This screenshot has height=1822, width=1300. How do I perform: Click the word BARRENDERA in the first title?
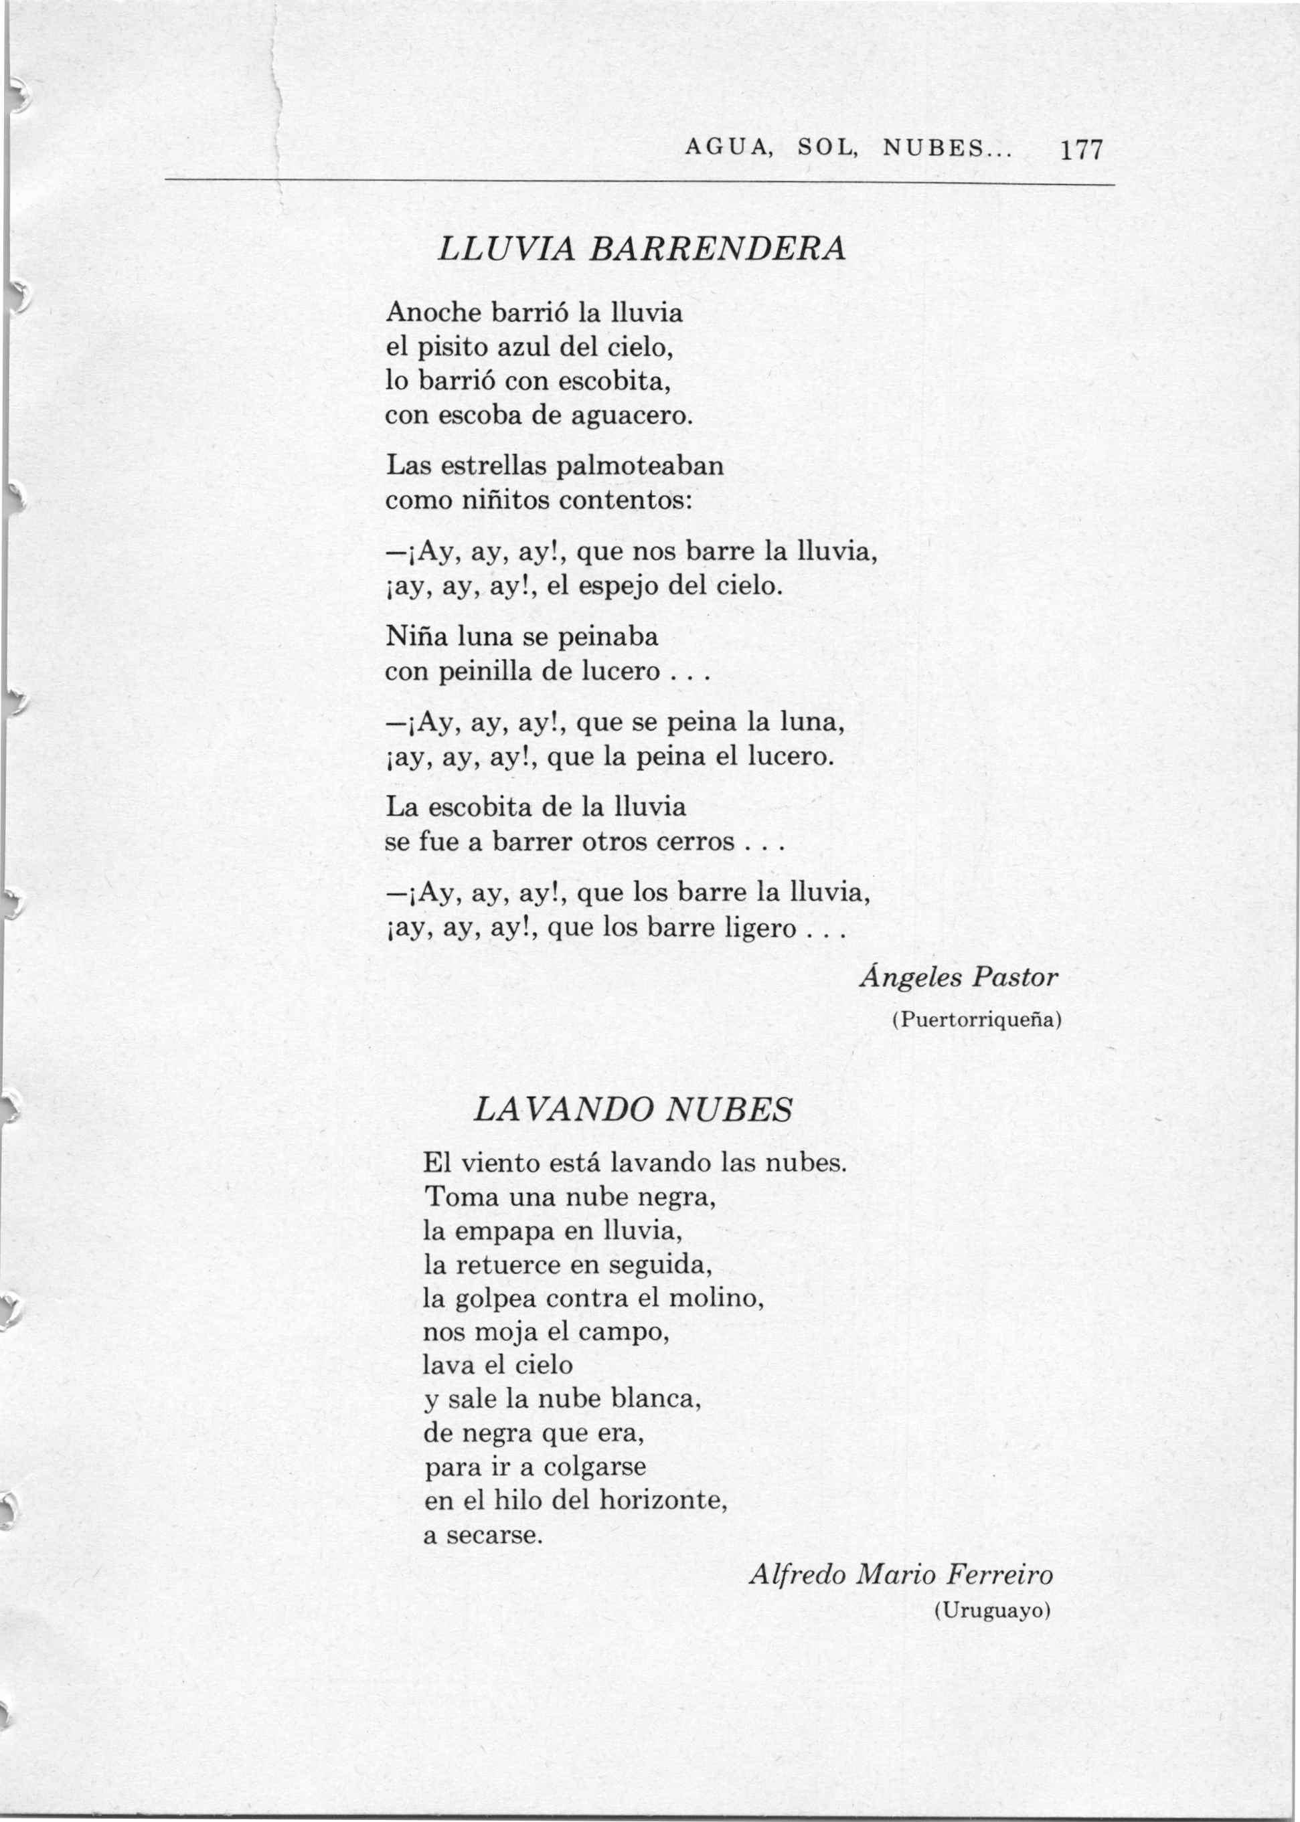click(x=716, y=249)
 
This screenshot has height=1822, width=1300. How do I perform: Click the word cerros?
click(x=695, y=842)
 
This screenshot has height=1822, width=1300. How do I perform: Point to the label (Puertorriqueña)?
click(x=977, y=1020)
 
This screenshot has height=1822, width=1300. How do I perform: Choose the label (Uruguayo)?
click(x=991, y=1611)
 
